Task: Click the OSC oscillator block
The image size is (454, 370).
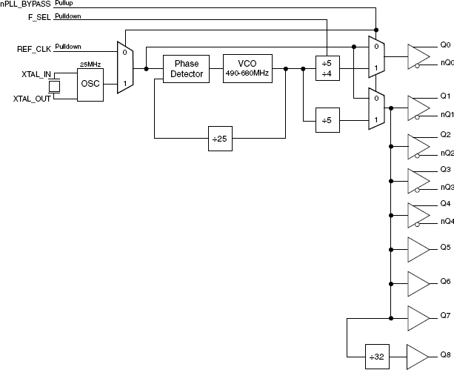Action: [x=90, y=83]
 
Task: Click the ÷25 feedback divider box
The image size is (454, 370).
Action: [x=221, y=138]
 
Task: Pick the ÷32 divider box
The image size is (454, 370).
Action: [x=378, y=356]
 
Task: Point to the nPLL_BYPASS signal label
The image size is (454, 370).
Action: [x=25, y=4]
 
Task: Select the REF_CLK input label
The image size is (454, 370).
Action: [x=33, y=49]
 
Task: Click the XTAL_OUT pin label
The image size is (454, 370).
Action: [x=32, y=99]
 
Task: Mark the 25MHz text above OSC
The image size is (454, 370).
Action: [x=90, y=65]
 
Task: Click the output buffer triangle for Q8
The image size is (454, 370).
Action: [x=417, y=356]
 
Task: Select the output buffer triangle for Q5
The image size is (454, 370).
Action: [x=417, y=248]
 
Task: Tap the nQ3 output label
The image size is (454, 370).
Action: [x=447, y=187]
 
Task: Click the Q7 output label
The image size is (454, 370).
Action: [x=445, y=316]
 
